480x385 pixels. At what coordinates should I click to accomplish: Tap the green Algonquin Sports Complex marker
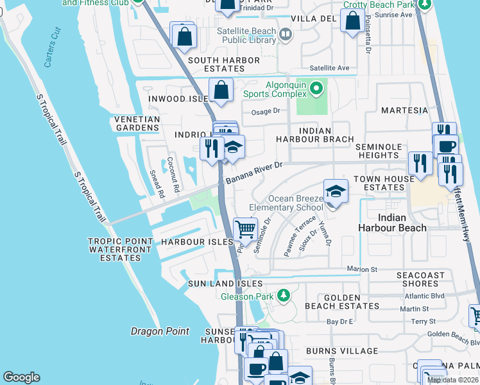tap(315, 87)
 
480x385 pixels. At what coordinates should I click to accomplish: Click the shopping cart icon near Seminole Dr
tap(245, 229)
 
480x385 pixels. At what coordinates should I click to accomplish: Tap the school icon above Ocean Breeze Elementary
tap(335, 191)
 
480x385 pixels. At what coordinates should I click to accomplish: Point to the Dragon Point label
tap(160, 331)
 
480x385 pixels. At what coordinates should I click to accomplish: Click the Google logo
tap(21, 377)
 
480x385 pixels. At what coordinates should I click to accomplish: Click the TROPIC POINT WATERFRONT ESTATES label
tap(121, 250)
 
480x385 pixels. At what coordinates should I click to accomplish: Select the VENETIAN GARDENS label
tap(137, 124)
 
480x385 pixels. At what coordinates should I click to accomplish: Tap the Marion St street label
tap(359, 269)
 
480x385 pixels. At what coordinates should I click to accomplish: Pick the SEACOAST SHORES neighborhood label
tap(420, 280)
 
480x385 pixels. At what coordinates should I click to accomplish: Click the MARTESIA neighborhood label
tap(404, 110)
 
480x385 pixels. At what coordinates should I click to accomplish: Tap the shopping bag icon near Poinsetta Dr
tap(352, 21)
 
